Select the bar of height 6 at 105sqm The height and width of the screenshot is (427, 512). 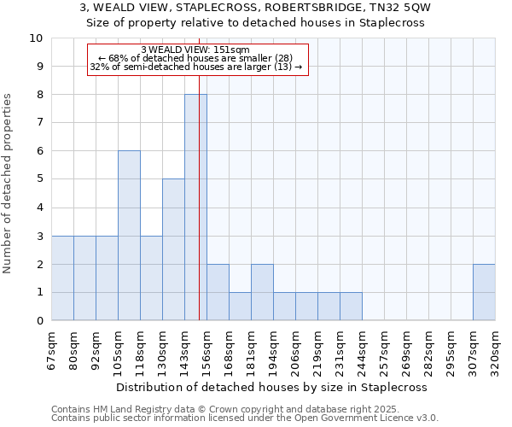click(x=129, y=236)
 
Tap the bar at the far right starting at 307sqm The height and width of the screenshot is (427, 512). click(x=484, y=292)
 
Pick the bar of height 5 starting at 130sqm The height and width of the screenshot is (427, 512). click(x=173, y=249)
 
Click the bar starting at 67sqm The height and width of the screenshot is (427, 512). click(x=62, y=278)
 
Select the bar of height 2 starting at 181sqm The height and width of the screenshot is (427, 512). click(x=262, y=292)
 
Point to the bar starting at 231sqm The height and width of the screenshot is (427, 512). click(x=351, y=307)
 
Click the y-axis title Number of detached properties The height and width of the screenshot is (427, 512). click(x=9, y=184)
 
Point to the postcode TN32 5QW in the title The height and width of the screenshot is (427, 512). click(x=394, y=7)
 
